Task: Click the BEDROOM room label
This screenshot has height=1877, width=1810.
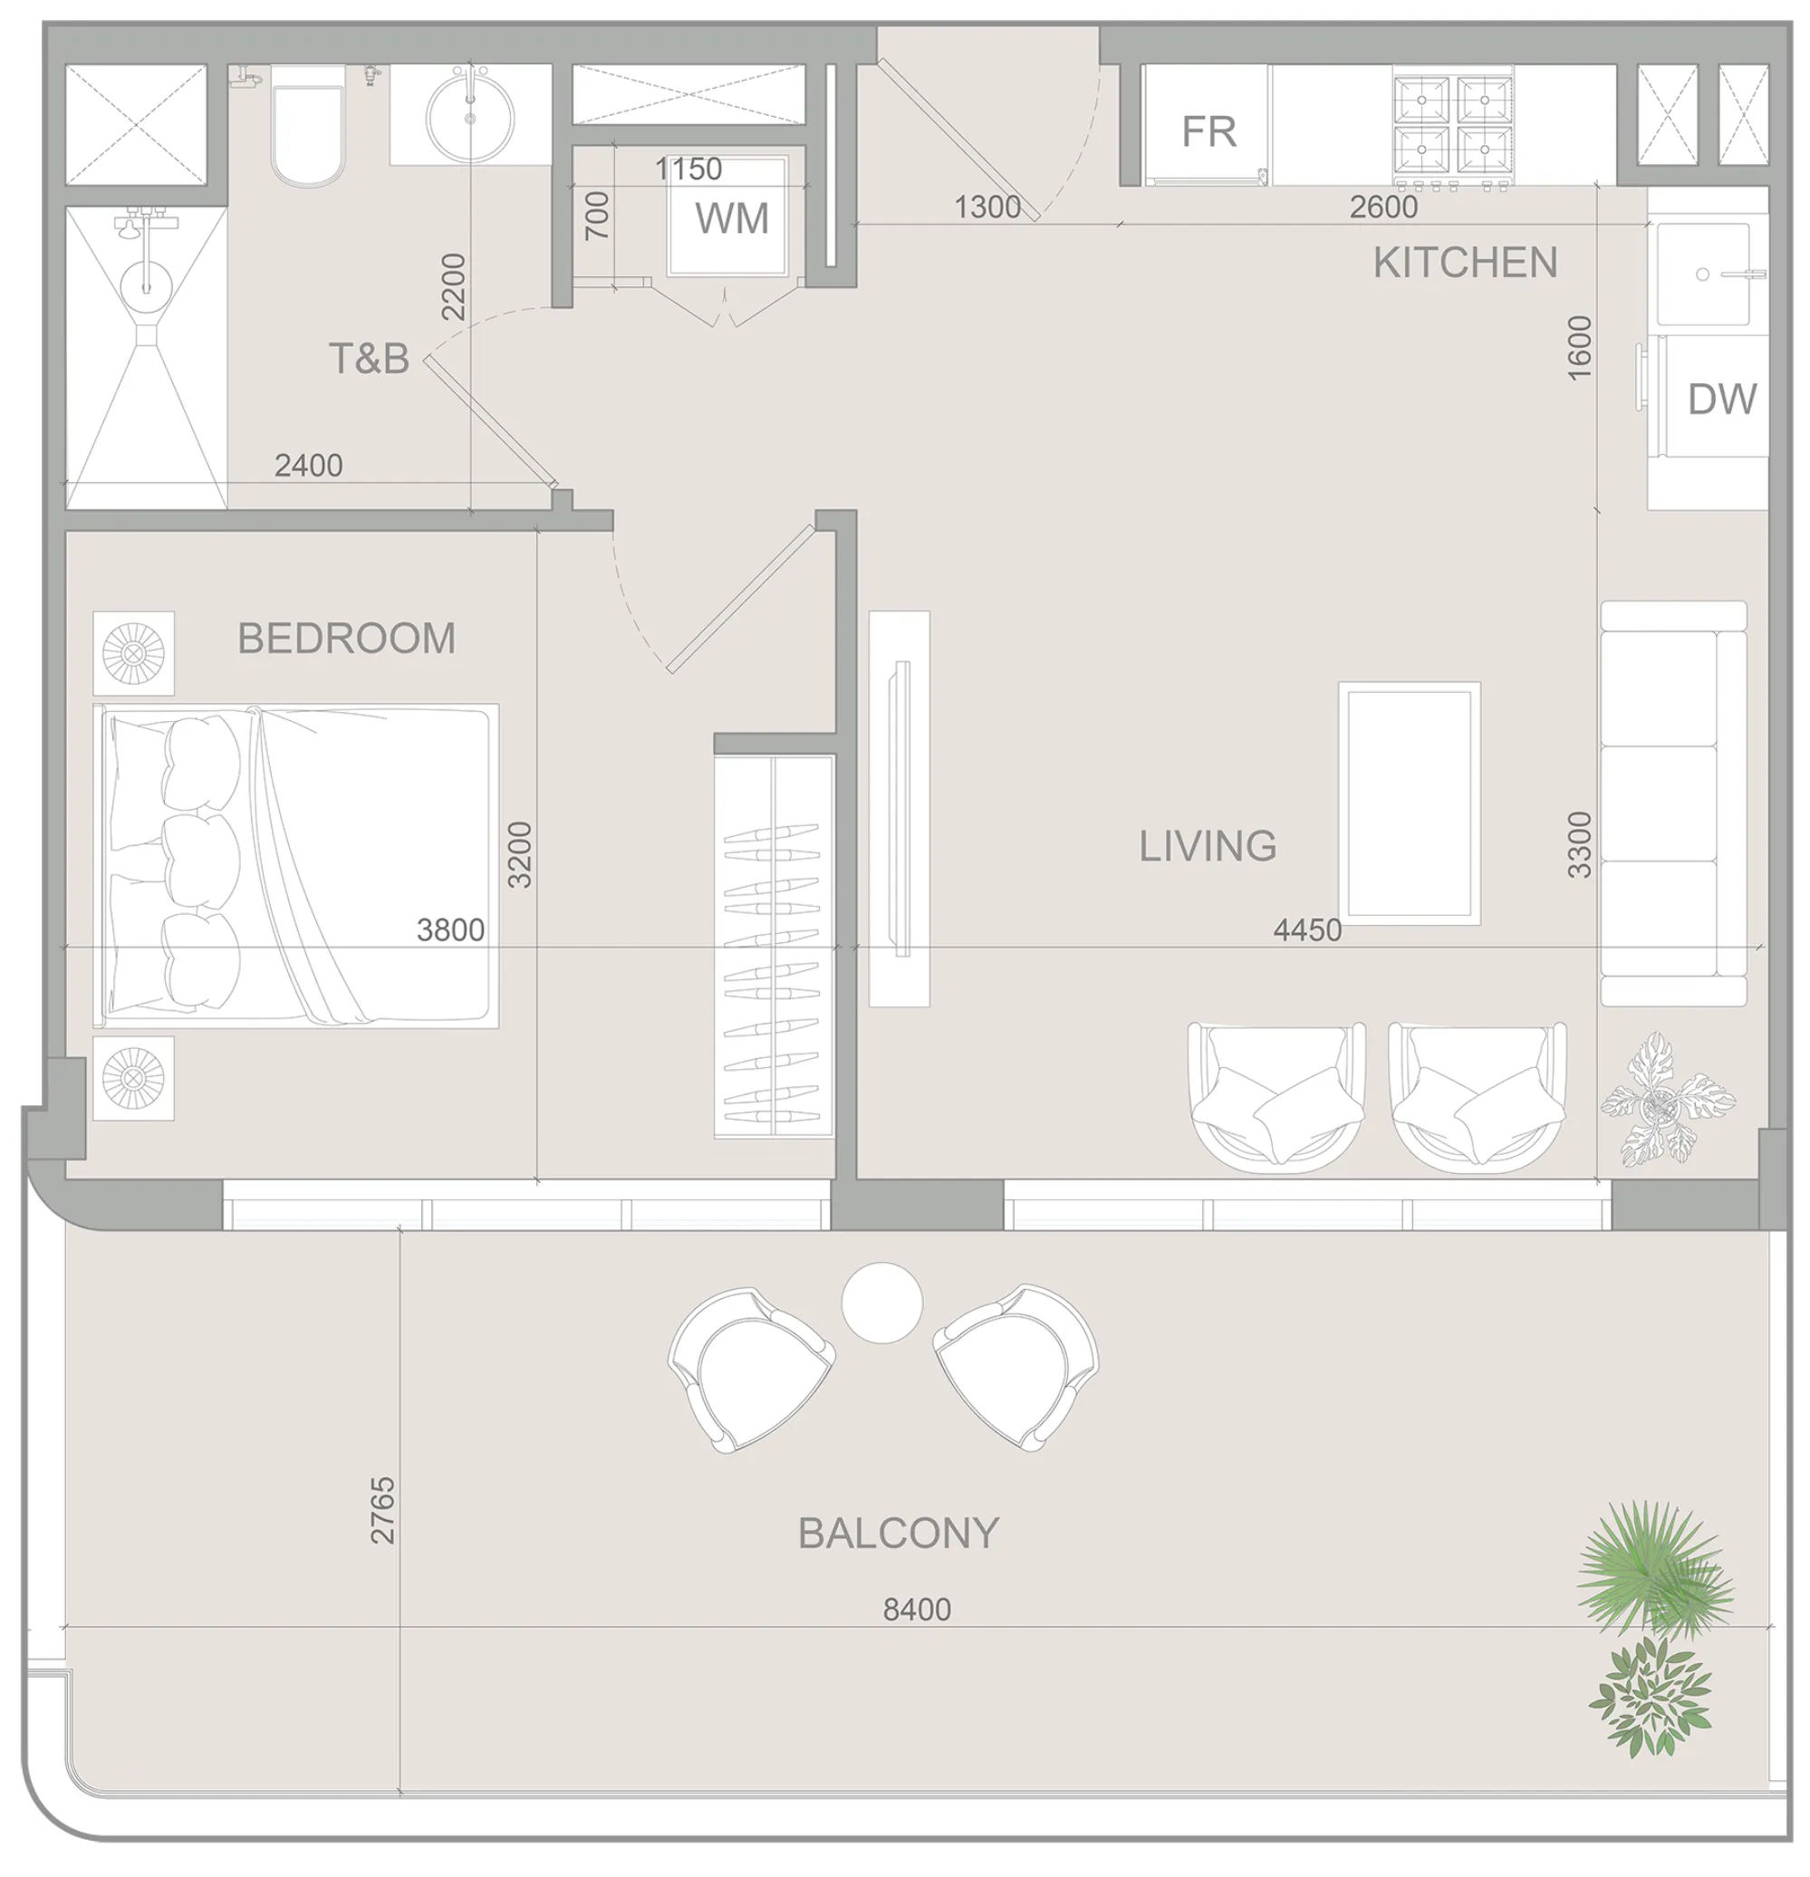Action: (346, 639)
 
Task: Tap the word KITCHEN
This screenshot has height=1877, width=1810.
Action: (1464, 263)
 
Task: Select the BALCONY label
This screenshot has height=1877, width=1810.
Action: (898, 1533)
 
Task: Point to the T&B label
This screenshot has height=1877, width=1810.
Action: (369, 358)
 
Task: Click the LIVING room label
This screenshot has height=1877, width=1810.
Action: (1207, 845)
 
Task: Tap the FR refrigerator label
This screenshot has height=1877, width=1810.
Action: (1208, 131)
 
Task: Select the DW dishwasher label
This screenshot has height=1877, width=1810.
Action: (1721, 399)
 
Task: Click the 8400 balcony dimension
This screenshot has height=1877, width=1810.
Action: (917, 1609)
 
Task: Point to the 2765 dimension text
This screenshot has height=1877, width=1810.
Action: (382, 1510)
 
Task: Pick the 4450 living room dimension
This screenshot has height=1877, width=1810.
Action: (1306, 929)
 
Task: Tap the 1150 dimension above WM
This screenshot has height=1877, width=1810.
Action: (688, 169)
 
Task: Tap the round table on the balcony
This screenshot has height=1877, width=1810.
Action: (881, 1303)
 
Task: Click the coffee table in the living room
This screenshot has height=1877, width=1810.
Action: (1408, 803)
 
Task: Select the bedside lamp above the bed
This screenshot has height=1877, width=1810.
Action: (133, 653)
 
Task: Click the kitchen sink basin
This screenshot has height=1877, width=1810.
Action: (1703, 274)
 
